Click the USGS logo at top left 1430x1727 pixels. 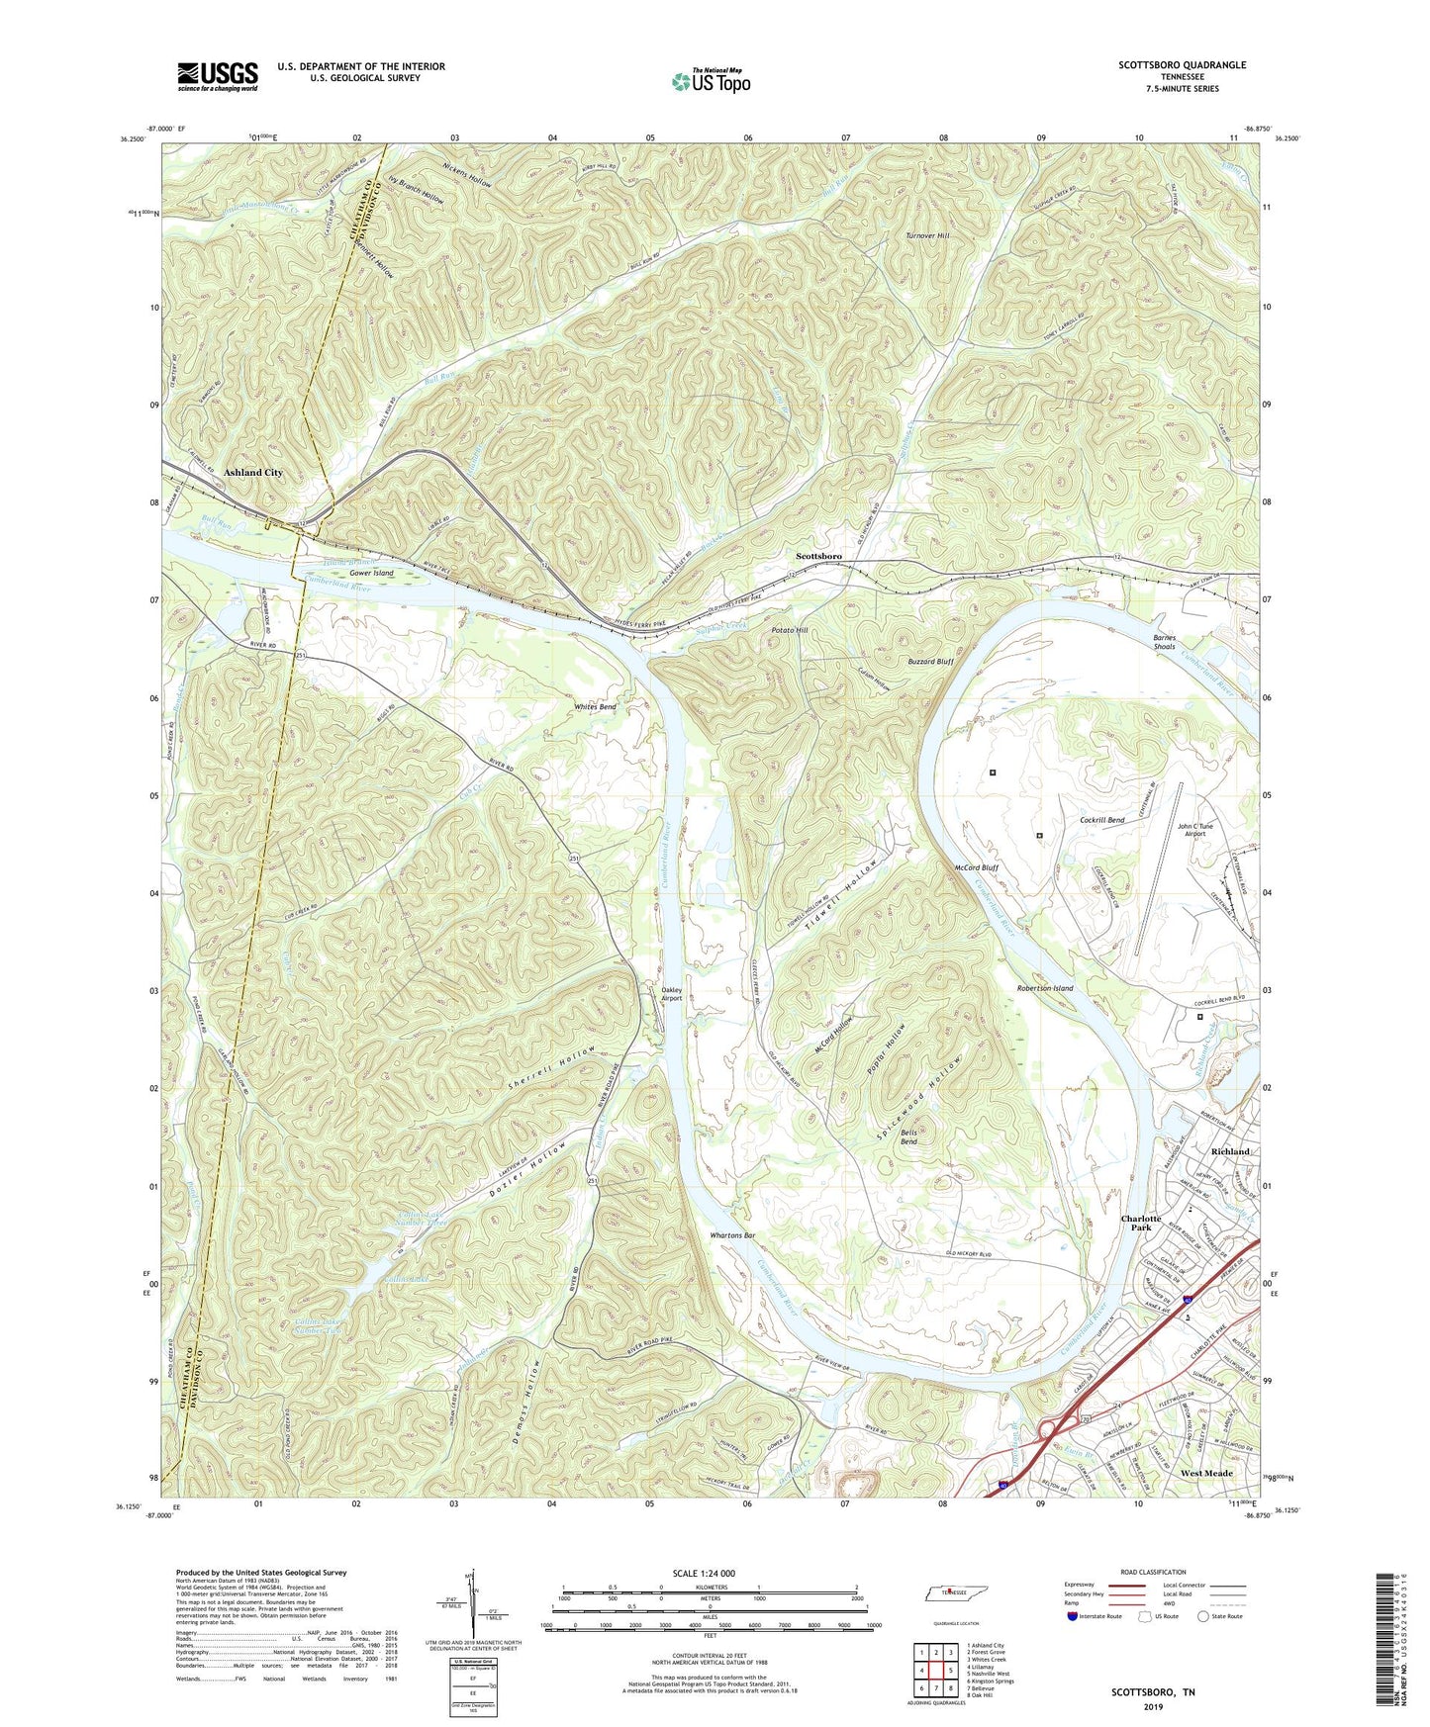click(218, 75)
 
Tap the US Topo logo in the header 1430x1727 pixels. click(710, 81)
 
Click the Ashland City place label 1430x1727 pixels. click(253, 473)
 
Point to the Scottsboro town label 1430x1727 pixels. click(818, 557)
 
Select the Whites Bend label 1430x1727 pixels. click(595, 707)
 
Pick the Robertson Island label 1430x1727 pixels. click(1045, 988)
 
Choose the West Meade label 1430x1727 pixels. click(1206, 1473)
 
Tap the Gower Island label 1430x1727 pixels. click(371, 573)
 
